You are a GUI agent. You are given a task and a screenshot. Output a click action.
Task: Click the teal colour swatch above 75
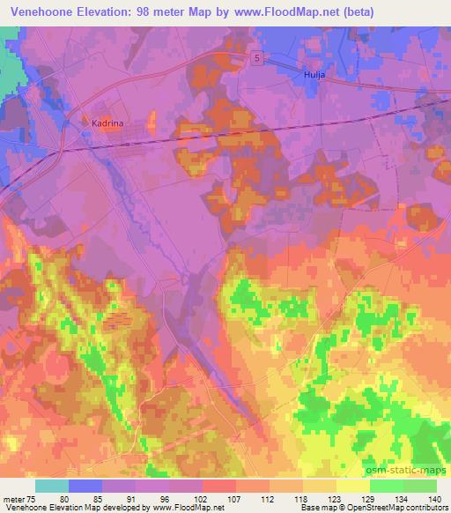click(52, 486)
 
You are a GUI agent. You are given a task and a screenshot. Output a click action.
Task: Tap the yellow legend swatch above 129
click(353, 486)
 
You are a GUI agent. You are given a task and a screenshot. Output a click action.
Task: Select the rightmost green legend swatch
click(420, 486)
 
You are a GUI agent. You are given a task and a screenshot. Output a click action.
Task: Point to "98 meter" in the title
click(165, 12)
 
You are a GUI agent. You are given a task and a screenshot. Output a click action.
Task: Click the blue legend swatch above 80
click(85, 486)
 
